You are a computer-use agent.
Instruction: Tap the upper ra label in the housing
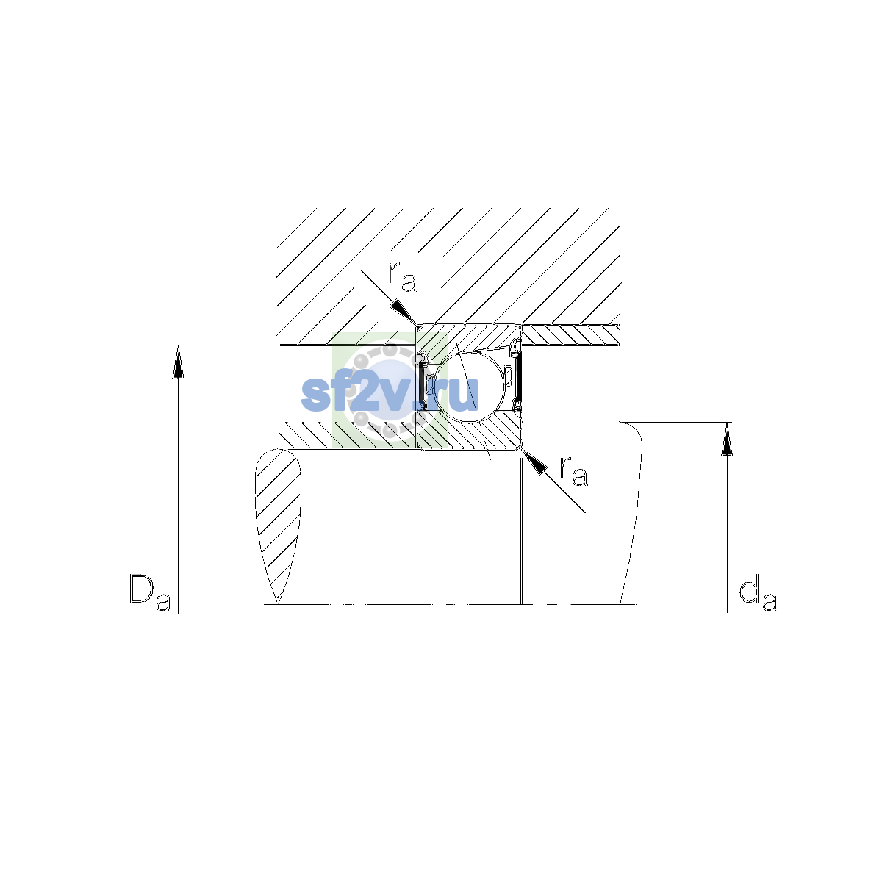pos(403,277)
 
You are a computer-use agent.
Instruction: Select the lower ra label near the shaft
pos(573,471)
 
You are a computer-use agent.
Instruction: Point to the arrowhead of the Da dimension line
pos(178,362)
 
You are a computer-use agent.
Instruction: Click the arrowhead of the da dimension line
pos(727,440)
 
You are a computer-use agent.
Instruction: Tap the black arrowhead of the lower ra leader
pos(534,462)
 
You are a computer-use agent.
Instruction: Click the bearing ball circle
pos(469,387)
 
